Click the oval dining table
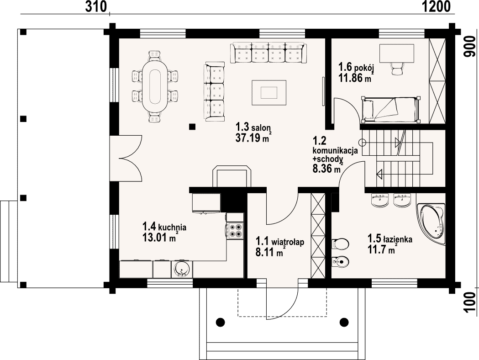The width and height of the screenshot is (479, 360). click(x=156, y=87)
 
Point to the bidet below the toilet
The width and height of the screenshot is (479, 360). click(x=340, y=262)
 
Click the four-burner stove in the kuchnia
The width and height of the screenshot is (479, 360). click(x=235, y=231)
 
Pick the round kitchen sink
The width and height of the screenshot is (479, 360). click(x=182, y=270)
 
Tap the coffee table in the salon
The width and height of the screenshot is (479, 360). click(x=269, y=92)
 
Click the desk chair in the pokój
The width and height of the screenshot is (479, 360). click(x=397, y=69)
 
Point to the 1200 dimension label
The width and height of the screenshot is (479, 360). click(x=436, y=6)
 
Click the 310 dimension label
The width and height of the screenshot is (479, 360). click(x=96, y=6)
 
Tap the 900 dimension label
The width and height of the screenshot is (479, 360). click(x=470, y=46)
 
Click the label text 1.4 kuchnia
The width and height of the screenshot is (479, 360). click(x=164, y=227)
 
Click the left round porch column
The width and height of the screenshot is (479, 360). click(x=220, y=322)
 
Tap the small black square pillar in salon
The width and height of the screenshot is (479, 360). click(x=192, y=127)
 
